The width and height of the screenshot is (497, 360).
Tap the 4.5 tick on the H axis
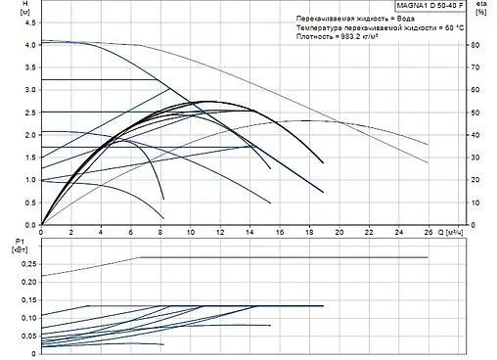(x=29, y=22)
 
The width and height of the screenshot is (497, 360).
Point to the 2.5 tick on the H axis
(x=29, y=112)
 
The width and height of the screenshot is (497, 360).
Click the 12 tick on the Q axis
(x=219, y=234)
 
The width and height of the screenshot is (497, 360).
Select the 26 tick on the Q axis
(x=429, y=234)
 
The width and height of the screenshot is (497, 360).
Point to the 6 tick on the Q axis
(x=130, y=234)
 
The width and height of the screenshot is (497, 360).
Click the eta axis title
(x=478, y=6)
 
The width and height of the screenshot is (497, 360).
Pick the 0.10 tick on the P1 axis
(x=27, y=317)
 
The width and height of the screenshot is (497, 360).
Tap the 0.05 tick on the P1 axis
(x=27, y=335)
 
